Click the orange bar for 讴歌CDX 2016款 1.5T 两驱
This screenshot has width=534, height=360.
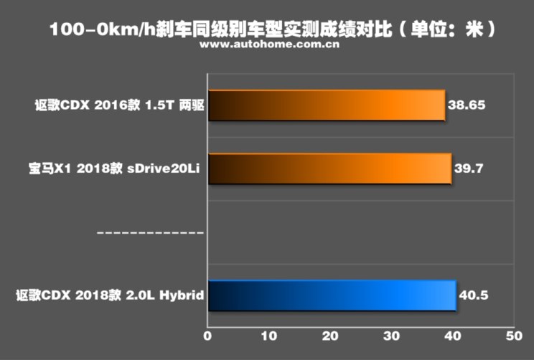click(326, 105)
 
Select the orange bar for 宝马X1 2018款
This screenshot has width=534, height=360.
click(329, 169)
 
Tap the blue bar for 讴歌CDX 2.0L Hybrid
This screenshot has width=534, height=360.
click(332, 295)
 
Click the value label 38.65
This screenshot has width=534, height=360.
click(467, 105)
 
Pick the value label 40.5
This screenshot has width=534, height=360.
click(474, 295)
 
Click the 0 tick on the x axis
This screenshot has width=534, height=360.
click(207, 335)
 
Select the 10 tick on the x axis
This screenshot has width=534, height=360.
click(268, 335)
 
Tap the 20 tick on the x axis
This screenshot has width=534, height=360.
click(330, 335)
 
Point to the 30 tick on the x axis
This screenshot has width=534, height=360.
click(391, 335)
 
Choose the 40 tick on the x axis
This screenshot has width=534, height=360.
click(452, 335)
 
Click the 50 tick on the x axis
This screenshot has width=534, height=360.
click(513, 335)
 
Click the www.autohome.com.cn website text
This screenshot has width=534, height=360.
click(270, 46)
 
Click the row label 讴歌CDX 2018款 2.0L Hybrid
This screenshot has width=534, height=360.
click(110, 295)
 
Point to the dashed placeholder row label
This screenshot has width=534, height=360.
click(150, 232)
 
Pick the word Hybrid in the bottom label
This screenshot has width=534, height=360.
click(184, 295)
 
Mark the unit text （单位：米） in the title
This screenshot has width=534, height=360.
click(446, 29)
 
